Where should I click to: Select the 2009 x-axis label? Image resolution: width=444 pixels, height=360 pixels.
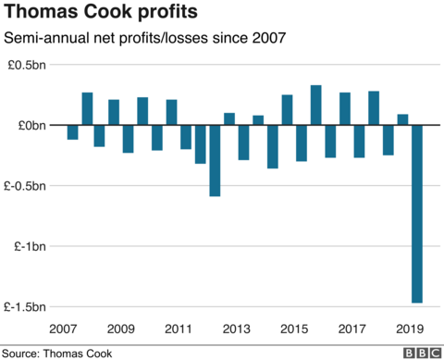coord(120,329)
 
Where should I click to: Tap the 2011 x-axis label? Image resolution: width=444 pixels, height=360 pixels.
coord(179,329)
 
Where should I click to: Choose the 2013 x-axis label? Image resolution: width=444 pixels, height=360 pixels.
coord(236,329)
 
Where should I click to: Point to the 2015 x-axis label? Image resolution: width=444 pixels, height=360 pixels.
coord(294,329)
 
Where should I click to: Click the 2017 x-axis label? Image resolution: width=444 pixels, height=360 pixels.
coord(351,329)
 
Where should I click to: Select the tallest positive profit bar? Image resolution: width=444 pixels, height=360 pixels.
coord(315,105)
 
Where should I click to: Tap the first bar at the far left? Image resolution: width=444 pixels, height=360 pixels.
coord(72,132)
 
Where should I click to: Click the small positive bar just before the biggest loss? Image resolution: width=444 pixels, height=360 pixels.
coord(402,119)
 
